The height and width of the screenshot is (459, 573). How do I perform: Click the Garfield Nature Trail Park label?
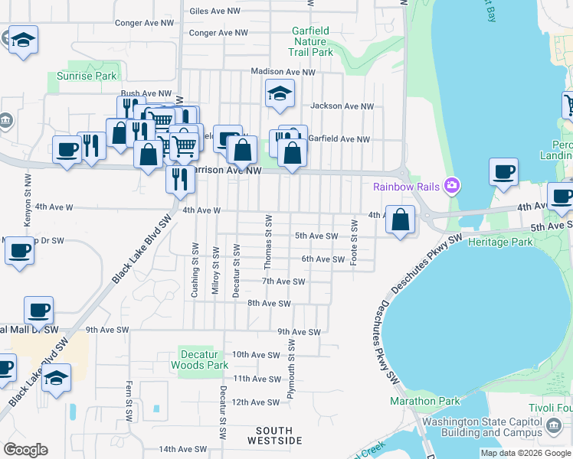310,41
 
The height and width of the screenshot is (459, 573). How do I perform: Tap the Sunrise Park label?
87,76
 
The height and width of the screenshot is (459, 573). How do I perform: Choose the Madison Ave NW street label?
283,72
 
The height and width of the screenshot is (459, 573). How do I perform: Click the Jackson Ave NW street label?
342,106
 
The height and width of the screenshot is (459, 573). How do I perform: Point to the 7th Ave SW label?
283,282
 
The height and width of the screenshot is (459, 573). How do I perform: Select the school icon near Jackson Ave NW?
280,95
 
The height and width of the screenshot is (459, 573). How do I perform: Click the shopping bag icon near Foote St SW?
400,220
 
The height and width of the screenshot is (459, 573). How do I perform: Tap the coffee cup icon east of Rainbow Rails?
503,173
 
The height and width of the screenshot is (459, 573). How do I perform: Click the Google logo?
25,450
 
